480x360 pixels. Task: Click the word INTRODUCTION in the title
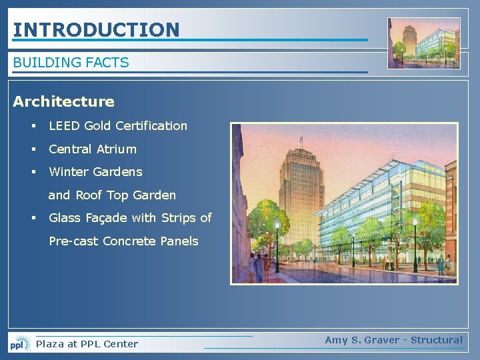point(97,29)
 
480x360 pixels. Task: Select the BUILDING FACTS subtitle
point(71,63)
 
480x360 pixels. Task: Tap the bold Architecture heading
point(64,102)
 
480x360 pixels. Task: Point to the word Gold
point(98,126)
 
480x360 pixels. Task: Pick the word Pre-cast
point(73,241)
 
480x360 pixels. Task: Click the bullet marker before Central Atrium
point(32,149)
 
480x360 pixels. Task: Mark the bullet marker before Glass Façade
point(32,218)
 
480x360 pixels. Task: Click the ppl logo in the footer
point(20,343)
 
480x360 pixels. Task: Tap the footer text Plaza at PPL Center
point(87,344)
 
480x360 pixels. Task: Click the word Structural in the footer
point(436,340)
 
